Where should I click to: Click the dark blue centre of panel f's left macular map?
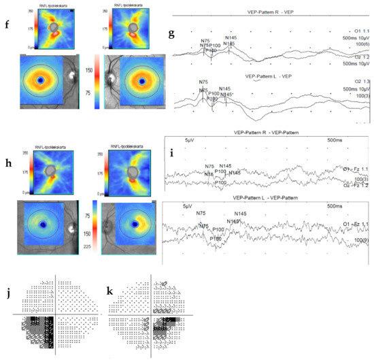click(39, 80)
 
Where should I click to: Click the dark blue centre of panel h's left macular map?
click(41, 223)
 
